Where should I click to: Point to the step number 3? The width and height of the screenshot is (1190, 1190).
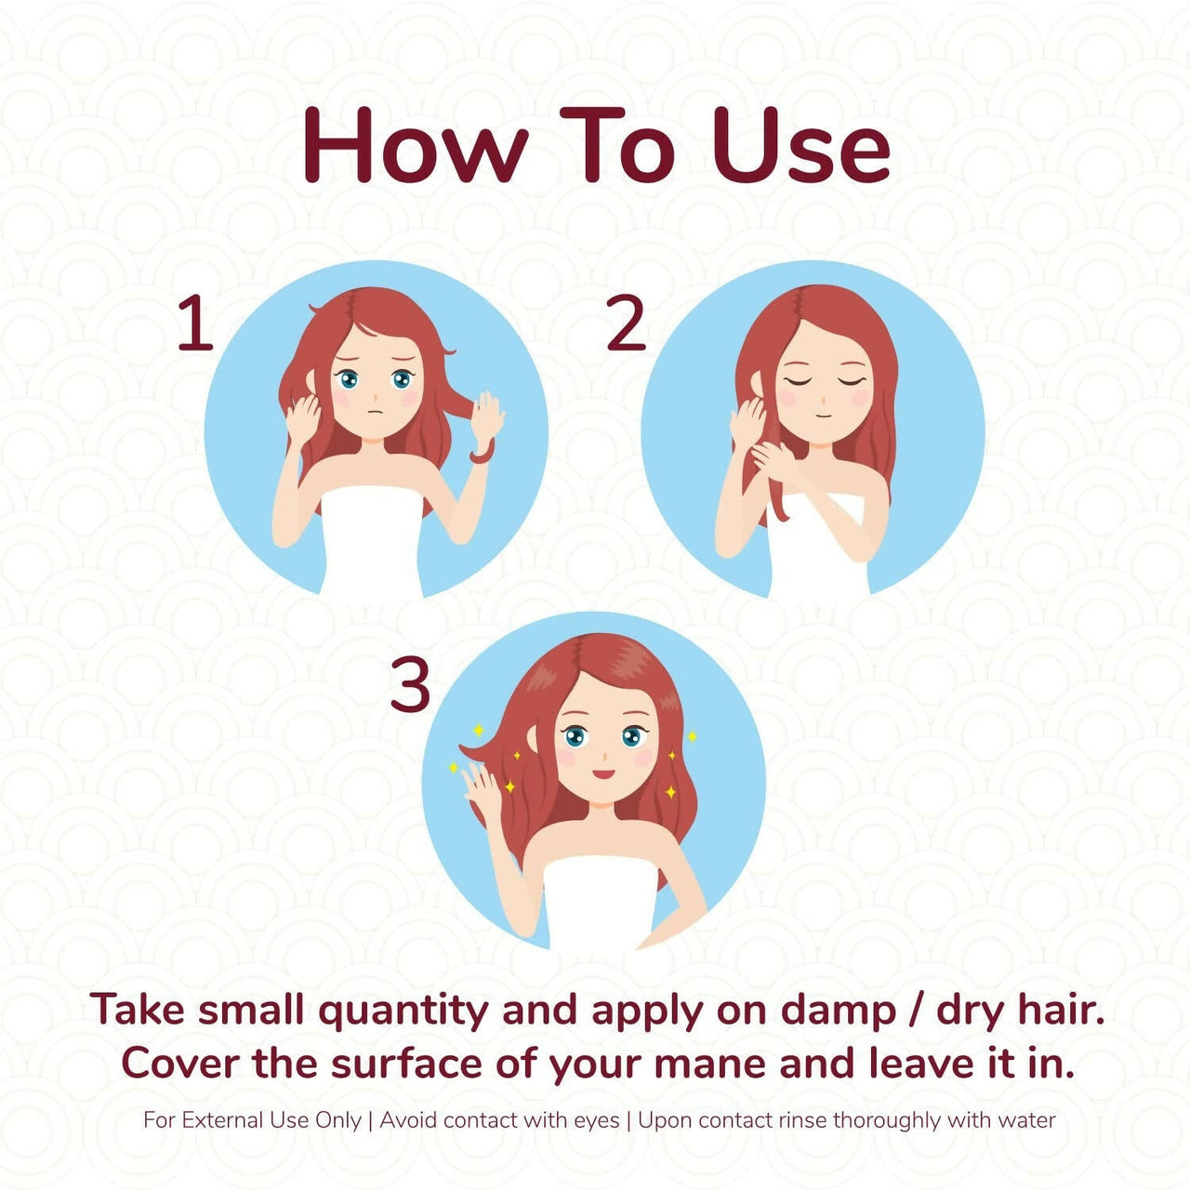409,685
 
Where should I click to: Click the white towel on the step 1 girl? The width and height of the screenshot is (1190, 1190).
372,539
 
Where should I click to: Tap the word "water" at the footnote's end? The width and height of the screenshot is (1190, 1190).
1026,1120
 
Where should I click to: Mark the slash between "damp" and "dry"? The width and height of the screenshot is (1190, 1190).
916,1011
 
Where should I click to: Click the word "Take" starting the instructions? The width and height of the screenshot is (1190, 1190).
138,1011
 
